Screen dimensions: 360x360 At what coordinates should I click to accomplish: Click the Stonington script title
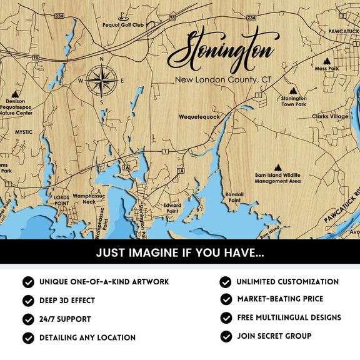221,52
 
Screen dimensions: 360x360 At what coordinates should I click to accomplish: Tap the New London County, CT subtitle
222,80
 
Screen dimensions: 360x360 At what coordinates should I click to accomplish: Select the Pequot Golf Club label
123,26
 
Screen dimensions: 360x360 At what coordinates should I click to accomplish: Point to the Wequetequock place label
199,116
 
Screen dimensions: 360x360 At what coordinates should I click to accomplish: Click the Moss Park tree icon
326,61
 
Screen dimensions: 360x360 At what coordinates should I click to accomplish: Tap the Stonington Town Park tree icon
294,90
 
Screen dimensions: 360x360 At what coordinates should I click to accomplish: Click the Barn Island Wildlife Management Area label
277,178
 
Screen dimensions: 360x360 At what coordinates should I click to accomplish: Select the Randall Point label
234,197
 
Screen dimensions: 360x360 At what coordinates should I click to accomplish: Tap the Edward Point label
172,208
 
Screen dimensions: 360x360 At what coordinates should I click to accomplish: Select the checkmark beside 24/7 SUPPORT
28,319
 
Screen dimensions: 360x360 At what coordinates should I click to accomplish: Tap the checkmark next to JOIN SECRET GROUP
226,336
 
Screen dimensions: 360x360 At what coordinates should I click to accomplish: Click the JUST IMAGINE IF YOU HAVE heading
180,253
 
